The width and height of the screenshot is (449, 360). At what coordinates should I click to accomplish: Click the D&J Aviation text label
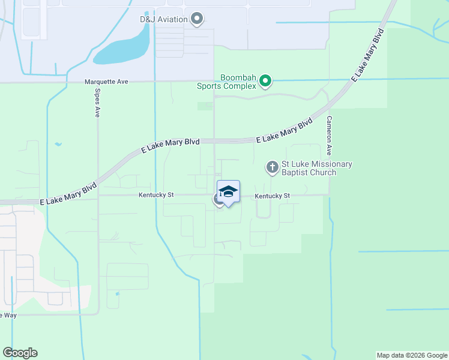click(164, 19)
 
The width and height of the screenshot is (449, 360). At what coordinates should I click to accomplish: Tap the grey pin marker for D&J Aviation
click(197, 19)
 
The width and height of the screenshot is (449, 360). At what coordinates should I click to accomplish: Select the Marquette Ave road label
click(106, 81)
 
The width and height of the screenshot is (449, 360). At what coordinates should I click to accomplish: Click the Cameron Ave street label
click(329, 136)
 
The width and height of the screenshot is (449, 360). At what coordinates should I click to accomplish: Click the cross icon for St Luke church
click(273, 167)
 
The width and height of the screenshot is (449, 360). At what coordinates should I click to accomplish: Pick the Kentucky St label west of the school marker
click(156, 195)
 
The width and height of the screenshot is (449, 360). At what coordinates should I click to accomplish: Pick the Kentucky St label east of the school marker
click(272, 196)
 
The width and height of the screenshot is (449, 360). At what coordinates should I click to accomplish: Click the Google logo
click(20, 353)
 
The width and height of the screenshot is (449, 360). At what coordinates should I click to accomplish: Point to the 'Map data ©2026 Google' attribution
click(412, 355)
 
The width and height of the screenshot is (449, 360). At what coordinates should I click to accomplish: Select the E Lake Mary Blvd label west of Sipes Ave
click(68, 196)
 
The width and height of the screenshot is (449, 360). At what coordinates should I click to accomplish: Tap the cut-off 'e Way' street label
click(8, 315)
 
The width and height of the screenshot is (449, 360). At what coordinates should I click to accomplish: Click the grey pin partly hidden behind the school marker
click(217, 199)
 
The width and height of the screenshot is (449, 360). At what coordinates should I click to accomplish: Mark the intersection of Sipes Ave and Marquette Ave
click(97, 81)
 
